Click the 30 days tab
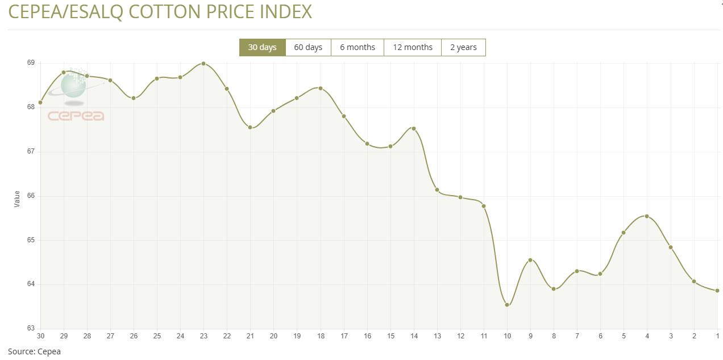coord(262,47)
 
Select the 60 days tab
coord(308,47)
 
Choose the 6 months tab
coord(358,47)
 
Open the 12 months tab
coord(413,47)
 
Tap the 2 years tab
coord(463,47)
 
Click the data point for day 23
coord(203,64)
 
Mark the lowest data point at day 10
coord(507,305)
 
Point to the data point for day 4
coord(647,216)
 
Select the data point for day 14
coord(414,129)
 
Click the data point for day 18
coord(321,88)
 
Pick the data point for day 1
coord(717,291)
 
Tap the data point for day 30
coord(40,102)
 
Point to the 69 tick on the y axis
coord(31,63)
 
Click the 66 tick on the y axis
coord(31,196)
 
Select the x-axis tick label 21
coord(250,336)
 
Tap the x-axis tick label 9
coord(530,336)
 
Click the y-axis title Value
coord(16,198)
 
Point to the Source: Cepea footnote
coord(34,351)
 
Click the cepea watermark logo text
coord(76,116)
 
